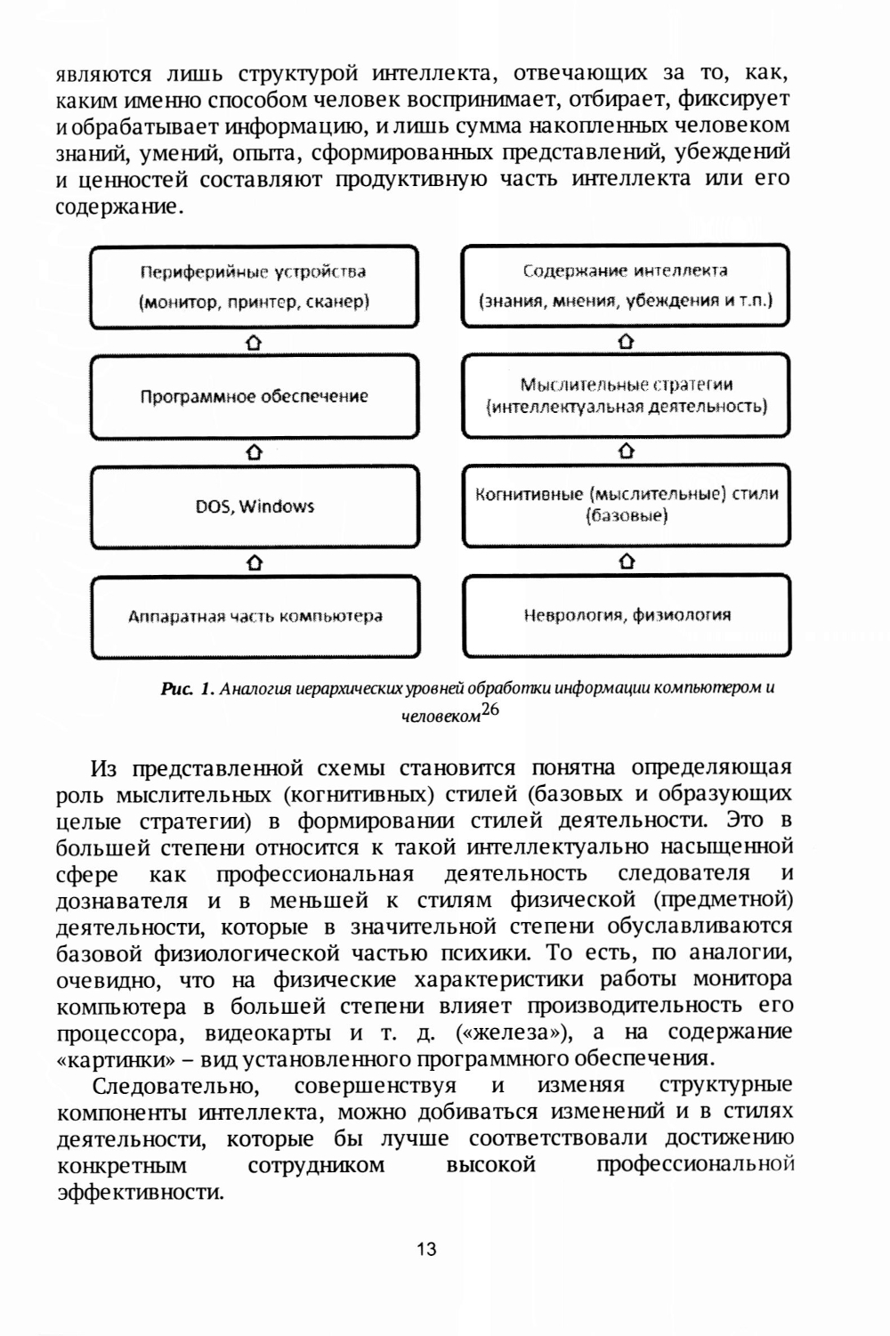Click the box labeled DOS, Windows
tap(255, 506)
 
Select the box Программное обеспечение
tap(255, 396)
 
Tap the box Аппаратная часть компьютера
tap(255, 616)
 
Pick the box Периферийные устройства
tap(255, 286)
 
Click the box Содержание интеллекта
tap(625, 286)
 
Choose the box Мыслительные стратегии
tap(626, 396)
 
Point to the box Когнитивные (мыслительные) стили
tap(626, 506)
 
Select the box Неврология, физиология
tap(627, 616)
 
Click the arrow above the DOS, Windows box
tap(255, 452)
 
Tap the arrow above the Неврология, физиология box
tap(627, 563)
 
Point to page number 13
tap(426, 1249)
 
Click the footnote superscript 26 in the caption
tap(489, 710)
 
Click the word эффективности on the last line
tap(140, 1192)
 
